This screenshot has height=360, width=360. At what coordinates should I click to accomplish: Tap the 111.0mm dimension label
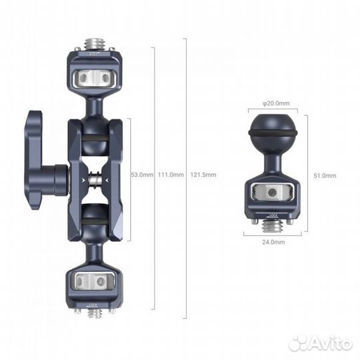pos(170,175)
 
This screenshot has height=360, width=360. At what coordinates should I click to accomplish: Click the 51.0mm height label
pos(326,175)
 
